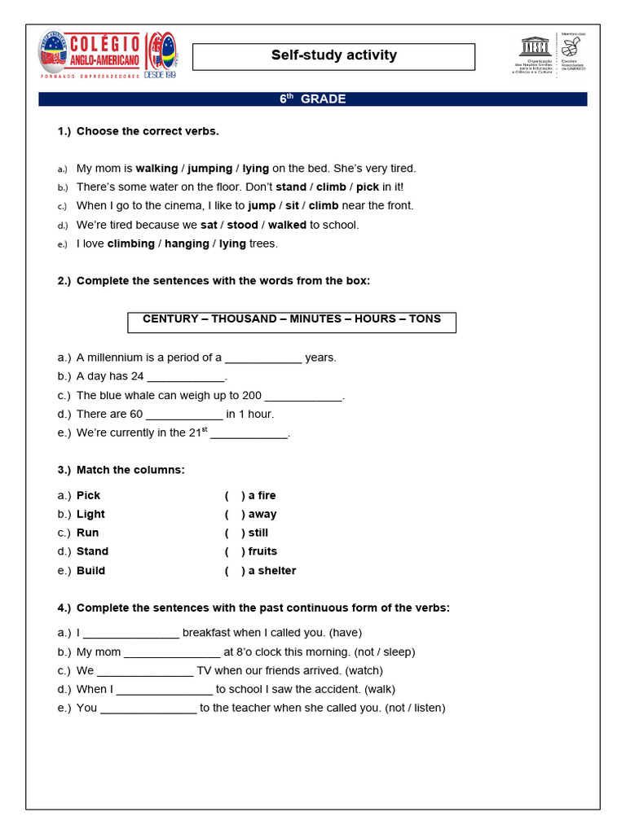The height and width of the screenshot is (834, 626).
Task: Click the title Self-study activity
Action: click(333, 56)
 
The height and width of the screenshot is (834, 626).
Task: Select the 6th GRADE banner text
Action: click(313, 99)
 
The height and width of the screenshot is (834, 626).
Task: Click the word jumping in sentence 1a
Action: click(209, 169)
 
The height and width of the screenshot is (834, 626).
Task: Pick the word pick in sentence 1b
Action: click(368, 187)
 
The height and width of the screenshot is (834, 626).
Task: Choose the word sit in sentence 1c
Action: click(292, 206)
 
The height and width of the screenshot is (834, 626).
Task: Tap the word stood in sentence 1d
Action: click(242, 225)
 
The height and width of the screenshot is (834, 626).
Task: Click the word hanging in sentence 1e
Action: click(187, 244)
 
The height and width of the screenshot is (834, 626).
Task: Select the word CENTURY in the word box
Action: click(170, 319)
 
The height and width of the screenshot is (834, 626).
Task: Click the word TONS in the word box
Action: click(425, 319)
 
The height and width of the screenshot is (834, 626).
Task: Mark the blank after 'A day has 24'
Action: click(185, 377)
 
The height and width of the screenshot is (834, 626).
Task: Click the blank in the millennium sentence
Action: click(263, 358)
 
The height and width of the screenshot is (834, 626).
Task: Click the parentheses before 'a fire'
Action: click(235, 496)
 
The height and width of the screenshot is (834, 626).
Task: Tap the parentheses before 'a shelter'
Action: click(235, 571)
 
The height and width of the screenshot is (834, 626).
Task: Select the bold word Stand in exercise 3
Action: click(92, 551)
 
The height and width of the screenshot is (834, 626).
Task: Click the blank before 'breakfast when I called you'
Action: click(131, 634)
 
